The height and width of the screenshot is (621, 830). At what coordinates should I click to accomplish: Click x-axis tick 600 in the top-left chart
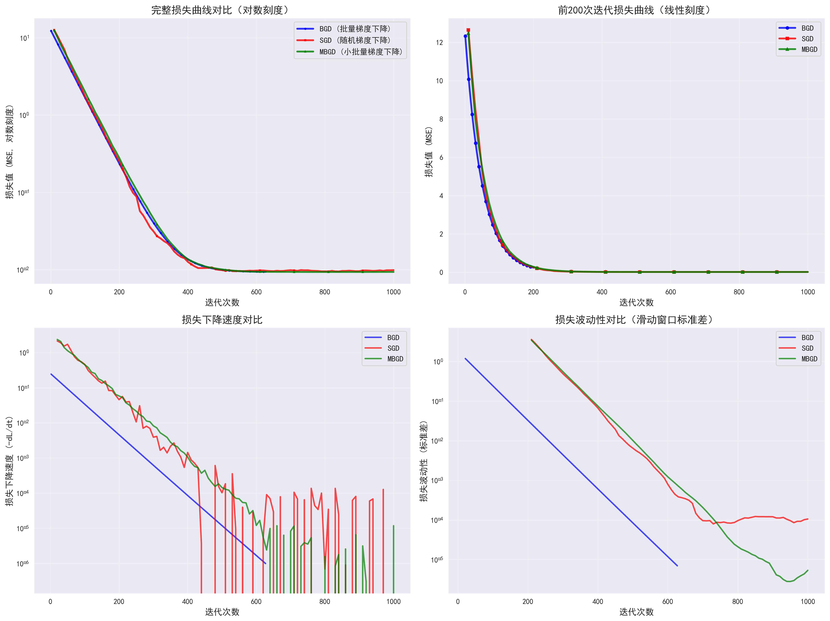(256, 292)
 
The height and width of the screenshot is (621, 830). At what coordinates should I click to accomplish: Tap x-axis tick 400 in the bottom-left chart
(188, 601)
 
